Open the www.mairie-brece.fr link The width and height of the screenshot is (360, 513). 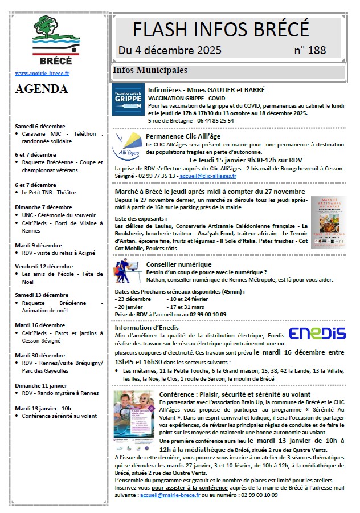point(42,74)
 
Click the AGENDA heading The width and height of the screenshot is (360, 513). point(42,89)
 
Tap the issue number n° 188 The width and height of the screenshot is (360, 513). point(310,51)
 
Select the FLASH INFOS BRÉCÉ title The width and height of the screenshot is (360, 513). point(220,28)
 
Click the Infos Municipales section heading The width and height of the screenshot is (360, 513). point(150,71)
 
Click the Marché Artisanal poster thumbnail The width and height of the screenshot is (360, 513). point(328,222)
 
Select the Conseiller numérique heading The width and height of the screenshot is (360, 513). point(171,264)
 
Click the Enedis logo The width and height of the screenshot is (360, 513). point(317,333)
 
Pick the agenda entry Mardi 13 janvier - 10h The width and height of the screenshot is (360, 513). point(43,408)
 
